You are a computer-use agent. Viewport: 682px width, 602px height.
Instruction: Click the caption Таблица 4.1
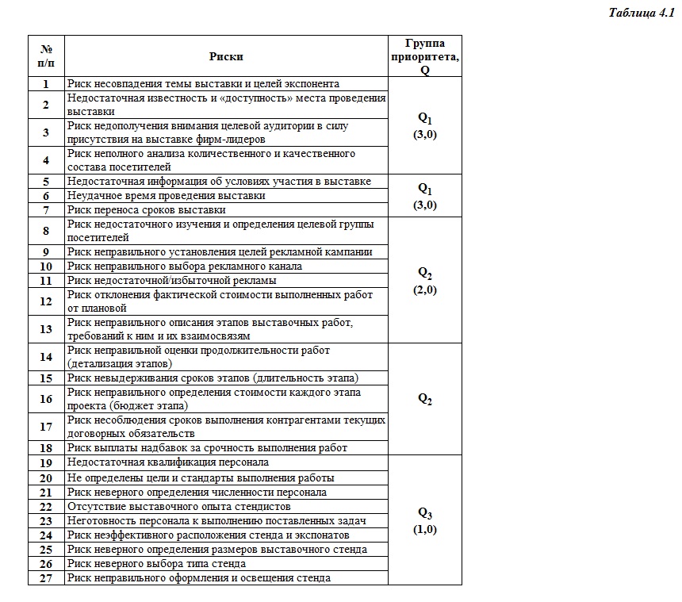(641, 13)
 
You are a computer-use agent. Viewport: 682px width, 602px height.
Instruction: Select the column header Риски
(226, 56)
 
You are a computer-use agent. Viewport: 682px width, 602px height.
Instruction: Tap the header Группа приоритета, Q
(424, 56)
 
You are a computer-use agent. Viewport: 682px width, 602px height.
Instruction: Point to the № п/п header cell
(46, 56)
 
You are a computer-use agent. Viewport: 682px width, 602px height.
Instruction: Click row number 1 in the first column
(46, 83)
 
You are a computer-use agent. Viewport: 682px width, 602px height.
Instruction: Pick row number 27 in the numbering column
(46, 578)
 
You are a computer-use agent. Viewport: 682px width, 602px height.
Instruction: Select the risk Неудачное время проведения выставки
(167, 196)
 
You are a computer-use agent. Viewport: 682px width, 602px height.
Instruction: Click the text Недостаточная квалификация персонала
(168, 462)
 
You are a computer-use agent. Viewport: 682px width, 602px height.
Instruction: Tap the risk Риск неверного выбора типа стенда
(156, 564)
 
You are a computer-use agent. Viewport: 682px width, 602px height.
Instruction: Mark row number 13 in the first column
(46, 329)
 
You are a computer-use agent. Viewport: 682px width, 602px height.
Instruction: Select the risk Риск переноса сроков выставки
(147, 210)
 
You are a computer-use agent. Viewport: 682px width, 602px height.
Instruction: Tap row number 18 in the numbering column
(46, 448)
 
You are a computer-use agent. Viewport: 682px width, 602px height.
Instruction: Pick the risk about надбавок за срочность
(207, 448)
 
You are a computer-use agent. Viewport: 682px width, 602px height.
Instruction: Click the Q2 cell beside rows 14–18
(424, 399)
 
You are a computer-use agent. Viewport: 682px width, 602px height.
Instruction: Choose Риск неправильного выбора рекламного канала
(185, 266)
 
